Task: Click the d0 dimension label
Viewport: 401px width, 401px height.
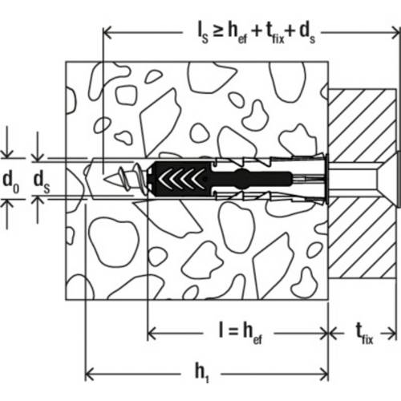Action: [10, 181]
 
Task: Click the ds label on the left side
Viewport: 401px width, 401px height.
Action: [42, 181]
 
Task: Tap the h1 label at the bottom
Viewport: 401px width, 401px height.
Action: [202, 372]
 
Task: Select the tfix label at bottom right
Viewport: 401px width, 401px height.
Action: [364, 334]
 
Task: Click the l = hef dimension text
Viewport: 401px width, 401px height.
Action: [241, 333]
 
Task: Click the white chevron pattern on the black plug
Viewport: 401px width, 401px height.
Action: [181, 179]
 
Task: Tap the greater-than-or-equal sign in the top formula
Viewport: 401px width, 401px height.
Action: [218, 31]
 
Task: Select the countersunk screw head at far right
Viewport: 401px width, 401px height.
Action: [399, 179]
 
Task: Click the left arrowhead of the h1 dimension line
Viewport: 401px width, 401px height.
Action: [89, 374]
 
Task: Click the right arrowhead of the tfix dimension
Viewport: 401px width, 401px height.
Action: [392, 334]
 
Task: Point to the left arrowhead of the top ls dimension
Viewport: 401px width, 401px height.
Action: [107, 33]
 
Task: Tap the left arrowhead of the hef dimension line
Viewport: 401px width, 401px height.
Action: [152, 334]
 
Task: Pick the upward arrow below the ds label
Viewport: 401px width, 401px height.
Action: [38, 210]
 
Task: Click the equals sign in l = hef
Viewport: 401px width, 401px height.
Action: [233, 332]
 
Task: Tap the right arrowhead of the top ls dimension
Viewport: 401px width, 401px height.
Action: [395, 33]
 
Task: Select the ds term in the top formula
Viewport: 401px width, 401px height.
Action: [307, 34]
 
